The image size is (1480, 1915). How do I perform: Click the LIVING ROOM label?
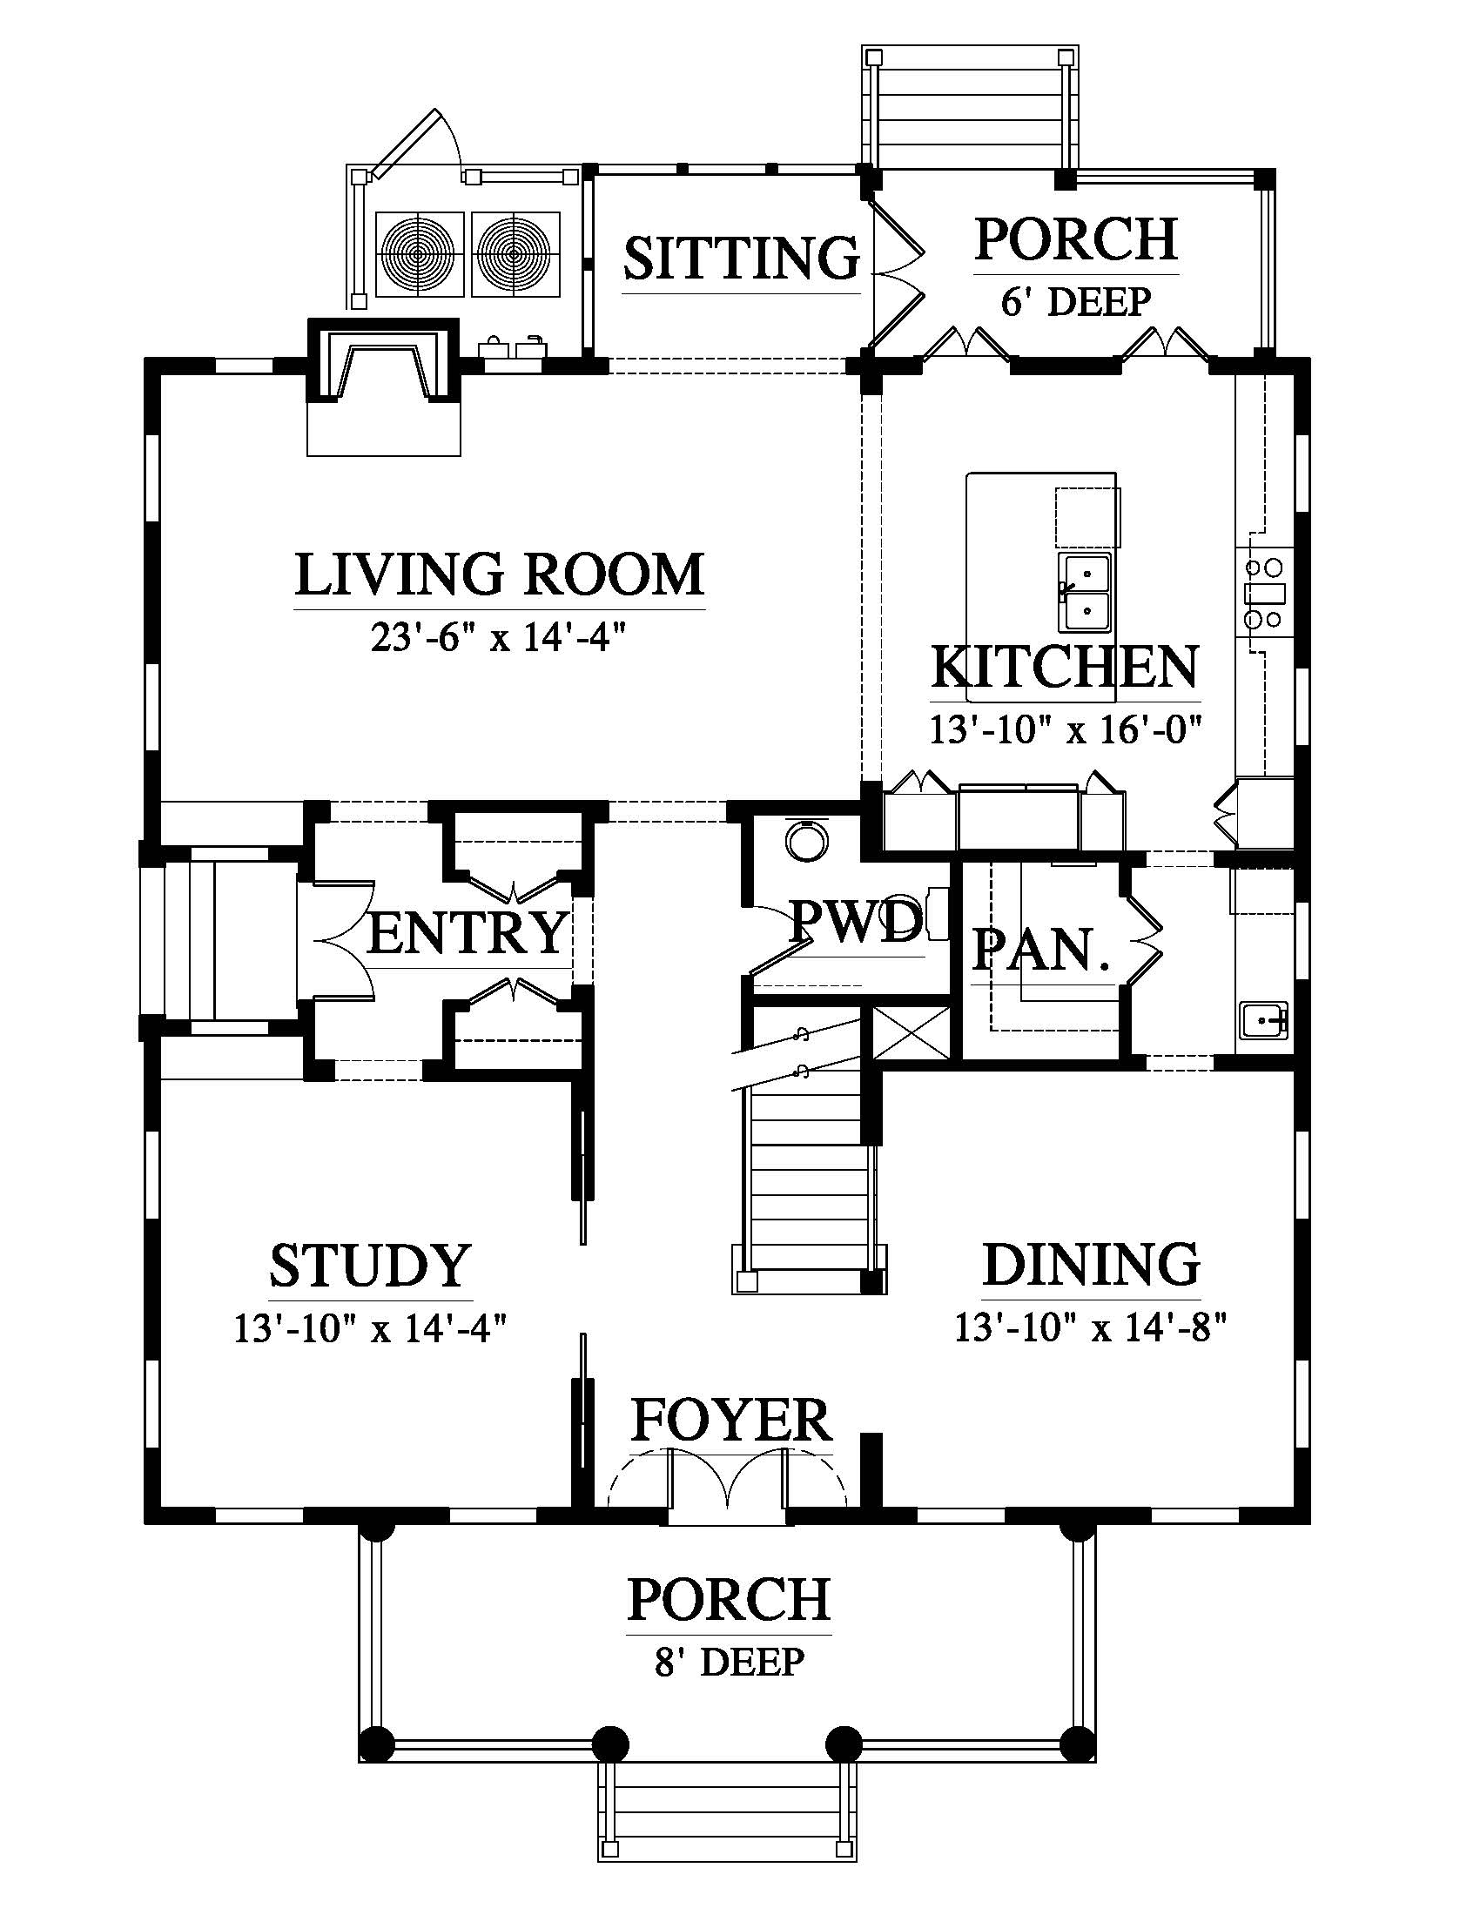(499, 575)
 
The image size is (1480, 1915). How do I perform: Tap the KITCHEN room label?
(1065, 668)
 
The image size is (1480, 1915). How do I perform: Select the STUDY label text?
(371, 1266)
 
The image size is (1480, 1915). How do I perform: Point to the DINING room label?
(1091, 1265)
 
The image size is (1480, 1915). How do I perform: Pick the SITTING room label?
(741, 258)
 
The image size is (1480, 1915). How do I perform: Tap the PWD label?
(856, 923)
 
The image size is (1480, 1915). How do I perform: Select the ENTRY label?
(468, 932)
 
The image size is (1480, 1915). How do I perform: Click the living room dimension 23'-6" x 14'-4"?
(499, 638)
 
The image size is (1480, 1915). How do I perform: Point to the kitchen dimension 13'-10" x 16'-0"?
(1065, 729)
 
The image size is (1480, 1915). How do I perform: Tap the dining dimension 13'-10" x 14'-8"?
(1090, 1327)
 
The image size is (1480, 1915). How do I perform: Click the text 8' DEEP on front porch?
(729, 1661)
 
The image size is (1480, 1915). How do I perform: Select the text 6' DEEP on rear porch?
(1076, 302)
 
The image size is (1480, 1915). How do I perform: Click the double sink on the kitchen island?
(1086, 592)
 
